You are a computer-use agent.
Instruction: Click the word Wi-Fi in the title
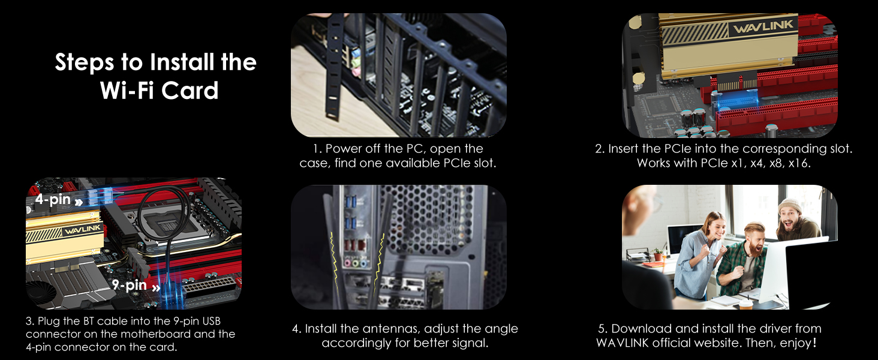coord(128,91)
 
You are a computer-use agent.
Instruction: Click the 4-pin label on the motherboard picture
coord(53,199)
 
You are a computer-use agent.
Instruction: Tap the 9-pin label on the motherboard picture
coord(130,285)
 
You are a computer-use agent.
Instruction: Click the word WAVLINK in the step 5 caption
coord(622,343)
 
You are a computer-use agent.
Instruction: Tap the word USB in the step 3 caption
coord(211,321)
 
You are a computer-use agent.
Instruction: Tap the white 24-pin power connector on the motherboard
coord(209,286)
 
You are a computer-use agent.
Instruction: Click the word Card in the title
coord(190,91)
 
